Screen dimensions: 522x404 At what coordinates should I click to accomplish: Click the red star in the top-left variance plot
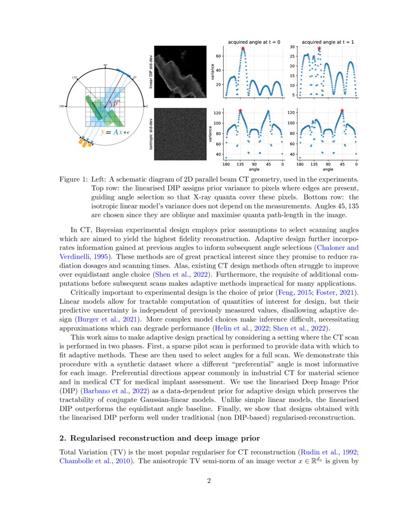point(243,48)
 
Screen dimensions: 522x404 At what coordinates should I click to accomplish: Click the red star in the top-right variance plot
point(319,48)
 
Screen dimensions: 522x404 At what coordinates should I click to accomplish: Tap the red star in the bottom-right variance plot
point(342,111)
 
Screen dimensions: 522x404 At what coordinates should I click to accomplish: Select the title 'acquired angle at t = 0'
point(254,42)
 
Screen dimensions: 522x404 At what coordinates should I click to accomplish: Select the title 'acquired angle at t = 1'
point(328,42)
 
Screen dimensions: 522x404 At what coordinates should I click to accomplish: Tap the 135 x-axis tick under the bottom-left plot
point(240,165)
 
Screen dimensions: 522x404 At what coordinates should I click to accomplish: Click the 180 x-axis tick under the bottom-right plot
point(300,165)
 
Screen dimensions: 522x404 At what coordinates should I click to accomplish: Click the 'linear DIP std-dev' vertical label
point(151,71)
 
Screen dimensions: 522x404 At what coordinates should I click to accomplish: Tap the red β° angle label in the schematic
point(116,101)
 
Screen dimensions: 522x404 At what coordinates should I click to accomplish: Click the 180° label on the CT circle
point(62,106)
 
